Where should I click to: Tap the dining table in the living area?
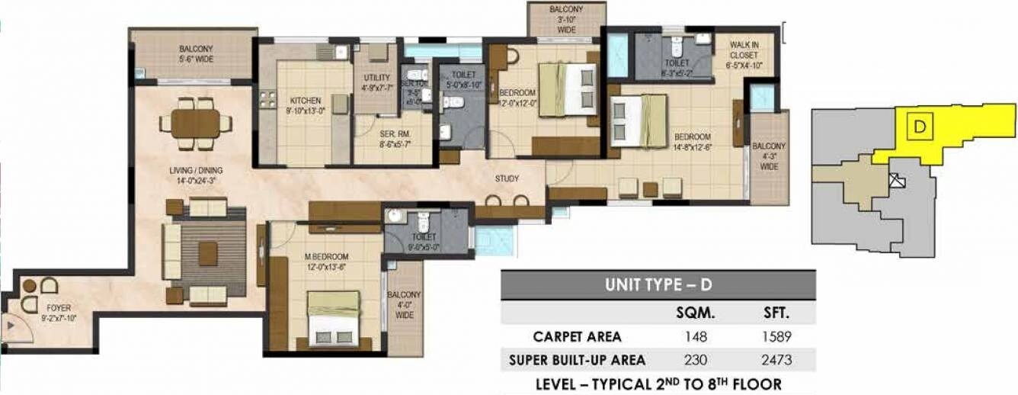coord(196,124)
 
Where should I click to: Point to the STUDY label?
coord(507,179)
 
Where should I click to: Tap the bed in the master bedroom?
coord(334,317)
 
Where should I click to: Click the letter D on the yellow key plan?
coord(919,127)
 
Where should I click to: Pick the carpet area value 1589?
coord(776,336)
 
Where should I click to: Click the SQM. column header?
coord(694,313)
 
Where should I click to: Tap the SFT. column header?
coord(776,313)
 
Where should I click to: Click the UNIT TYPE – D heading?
coord(658,285)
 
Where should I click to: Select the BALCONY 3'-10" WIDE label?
coord(567,19)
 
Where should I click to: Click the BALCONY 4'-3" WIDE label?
coord(769,156)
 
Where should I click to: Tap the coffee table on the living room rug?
coord(207,253)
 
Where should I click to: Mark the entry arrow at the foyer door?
coord(9,326)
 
